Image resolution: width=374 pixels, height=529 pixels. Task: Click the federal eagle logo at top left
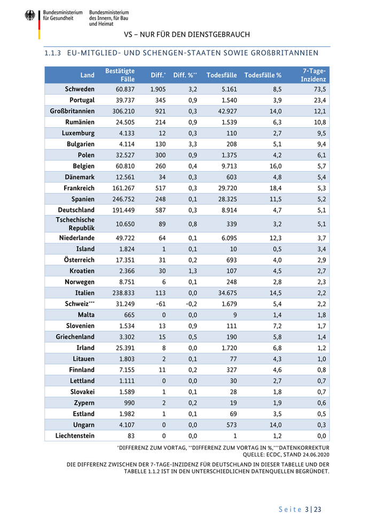coord(29,16)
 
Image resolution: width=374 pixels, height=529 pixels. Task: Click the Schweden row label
coord(80,89)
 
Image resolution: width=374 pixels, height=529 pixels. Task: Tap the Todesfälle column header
coord(222,75)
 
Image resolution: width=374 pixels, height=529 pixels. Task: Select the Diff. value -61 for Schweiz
coord(160,304)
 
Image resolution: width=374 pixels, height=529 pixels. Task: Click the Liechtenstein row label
coord(75,435)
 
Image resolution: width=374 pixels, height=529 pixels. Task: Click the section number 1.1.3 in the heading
coord(54,53)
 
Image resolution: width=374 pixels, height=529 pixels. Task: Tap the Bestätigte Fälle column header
coord(120,75)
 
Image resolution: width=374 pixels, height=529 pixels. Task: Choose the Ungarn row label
coord(82,425)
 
